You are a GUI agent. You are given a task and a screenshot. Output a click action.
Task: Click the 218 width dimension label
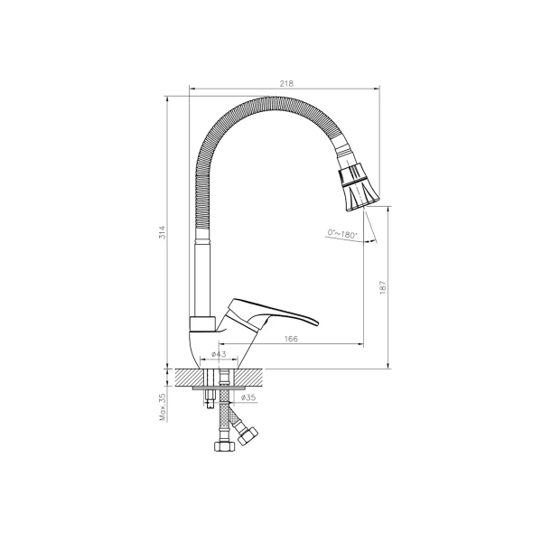[286, 83]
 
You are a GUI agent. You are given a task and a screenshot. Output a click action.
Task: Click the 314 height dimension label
[162, 232]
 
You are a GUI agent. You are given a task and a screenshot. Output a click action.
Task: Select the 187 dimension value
[383, 287]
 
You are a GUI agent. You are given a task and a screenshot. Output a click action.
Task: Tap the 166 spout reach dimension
[291, 339]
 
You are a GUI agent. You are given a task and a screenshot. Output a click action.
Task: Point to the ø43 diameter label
[219, 354]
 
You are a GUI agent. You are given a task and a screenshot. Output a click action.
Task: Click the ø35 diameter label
[248, 397]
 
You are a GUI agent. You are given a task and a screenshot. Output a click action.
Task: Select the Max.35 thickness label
[163, 407]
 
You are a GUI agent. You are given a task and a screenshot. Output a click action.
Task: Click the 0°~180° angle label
[341, 234]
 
